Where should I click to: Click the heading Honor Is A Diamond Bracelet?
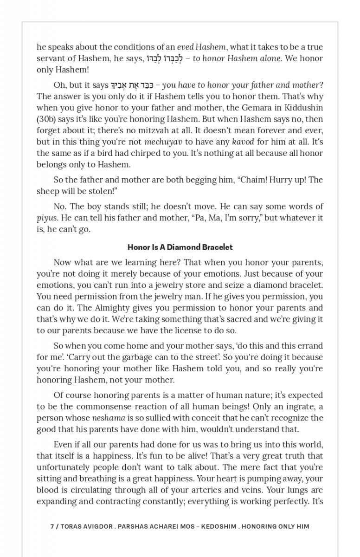180,247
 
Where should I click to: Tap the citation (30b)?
46,119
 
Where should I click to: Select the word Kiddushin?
303,108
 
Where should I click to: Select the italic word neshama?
109,418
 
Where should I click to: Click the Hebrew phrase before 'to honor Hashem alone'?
165,58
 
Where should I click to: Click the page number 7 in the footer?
52,526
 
